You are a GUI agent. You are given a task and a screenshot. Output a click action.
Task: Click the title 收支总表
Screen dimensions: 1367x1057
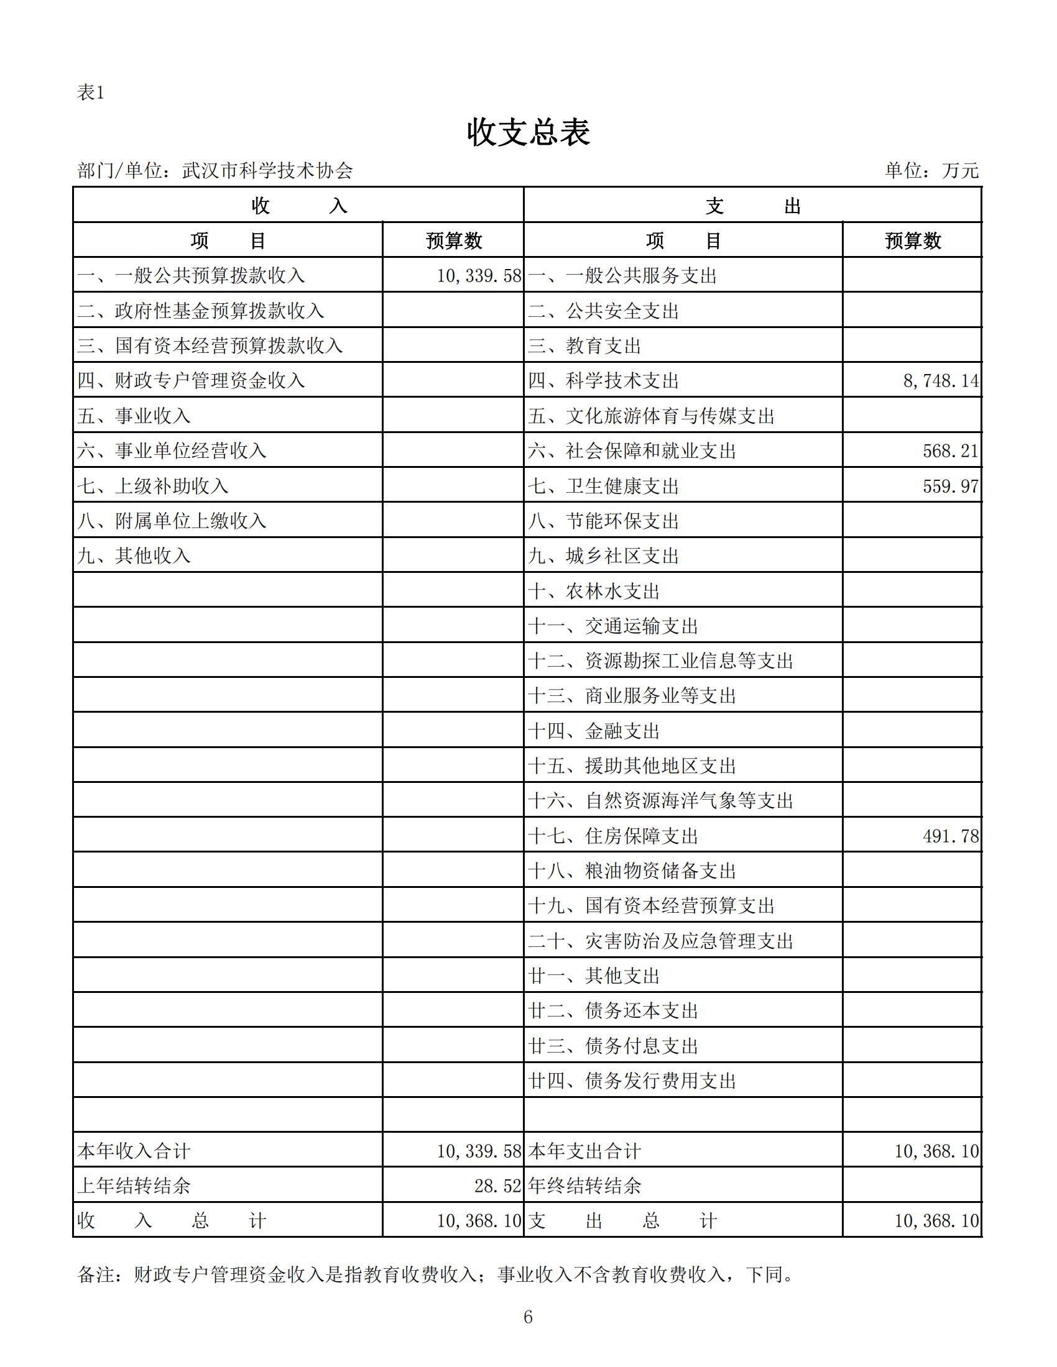tap(528, 133)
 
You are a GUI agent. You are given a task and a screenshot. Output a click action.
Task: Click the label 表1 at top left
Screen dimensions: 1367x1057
tap(90, 93)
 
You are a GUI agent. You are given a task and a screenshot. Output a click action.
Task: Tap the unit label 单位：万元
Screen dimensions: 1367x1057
tap(931, 170)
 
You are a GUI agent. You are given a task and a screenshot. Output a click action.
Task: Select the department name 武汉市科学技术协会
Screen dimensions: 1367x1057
tap(267, 170)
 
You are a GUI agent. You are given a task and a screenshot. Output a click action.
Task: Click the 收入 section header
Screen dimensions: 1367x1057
tap(298, 205)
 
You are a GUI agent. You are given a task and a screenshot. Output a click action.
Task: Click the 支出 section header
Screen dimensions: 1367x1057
tap(752, 205)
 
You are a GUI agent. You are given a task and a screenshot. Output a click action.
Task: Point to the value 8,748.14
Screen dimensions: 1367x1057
tap(941, 380)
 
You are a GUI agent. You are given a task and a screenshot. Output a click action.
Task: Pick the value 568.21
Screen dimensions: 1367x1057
tap(950, 450)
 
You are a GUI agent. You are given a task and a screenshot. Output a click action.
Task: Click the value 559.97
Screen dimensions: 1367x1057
tap(950, 486)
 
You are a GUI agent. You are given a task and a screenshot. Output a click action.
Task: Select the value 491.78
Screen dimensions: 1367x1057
tap(950, 836)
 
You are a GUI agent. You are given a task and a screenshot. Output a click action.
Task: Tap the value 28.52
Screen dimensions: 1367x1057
tap(497, 1186)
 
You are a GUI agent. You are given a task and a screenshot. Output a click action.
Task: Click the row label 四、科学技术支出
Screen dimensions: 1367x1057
tap(603, 380)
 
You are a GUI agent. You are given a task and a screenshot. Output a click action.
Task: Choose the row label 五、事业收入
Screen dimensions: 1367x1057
tap(134, 416)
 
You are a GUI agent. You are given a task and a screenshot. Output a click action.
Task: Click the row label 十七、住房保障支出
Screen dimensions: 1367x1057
tap(612, 836)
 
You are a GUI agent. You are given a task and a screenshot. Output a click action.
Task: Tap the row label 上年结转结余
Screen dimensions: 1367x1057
tap(134, 1186)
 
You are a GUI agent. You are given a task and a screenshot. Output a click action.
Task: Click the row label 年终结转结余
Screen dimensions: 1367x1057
tap(584, 1186)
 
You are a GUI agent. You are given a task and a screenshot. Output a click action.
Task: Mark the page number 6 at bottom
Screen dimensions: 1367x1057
tap(528, 1317)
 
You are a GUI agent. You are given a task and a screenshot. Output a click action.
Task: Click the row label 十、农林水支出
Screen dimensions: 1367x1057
tap(594, 591)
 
